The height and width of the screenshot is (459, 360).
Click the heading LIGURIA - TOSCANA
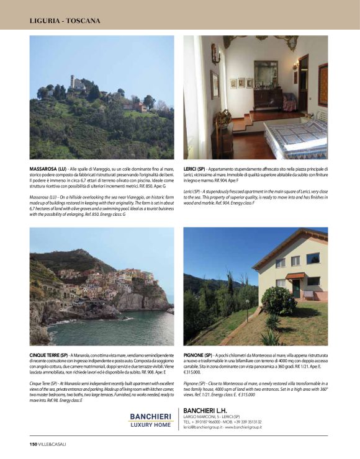pos(65,20)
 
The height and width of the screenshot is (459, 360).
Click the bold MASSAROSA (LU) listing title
pos(48,169)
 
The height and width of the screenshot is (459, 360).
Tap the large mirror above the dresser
pos(266,74)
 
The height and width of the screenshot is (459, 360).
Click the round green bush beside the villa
pos(278,300)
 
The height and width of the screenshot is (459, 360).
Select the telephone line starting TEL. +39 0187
pos(207,405)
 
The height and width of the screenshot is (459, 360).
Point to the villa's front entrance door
pos(296,288)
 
